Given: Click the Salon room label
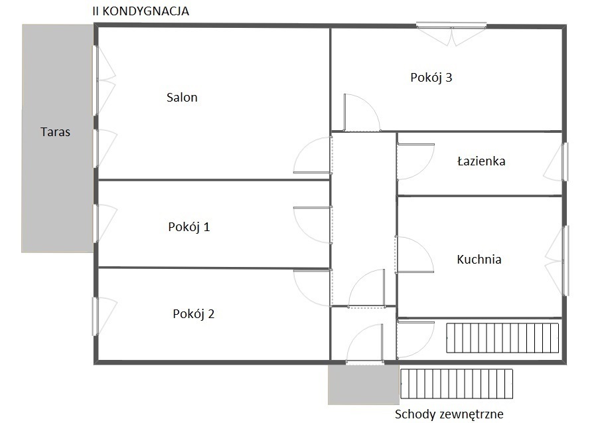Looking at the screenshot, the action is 182,97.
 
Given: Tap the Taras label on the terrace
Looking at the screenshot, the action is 55,131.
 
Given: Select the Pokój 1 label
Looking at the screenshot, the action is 189,226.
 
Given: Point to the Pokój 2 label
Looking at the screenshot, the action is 194,314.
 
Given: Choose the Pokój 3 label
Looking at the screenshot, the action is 431,77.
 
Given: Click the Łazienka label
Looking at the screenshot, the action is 481,161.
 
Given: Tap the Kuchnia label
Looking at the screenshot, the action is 479,260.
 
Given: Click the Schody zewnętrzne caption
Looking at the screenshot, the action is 449,414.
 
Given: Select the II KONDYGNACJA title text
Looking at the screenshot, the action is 141,11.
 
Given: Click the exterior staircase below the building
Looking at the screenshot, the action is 457,384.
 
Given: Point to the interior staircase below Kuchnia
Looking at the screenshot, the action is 502,338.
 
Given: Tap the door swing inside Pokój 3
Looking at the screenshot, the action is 362,112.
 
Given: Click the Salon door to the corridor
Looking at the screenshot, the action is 313,155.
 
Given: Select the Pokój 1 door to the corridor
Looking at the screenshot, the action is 313,224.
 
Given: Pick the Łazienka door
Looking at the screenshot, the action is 415,162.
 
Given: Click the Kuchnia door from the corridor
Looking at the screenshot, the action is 415,254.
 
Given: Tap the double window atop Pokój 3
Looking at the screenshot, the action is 451,34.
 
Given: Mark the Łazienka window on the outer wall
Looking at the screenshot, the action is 556,162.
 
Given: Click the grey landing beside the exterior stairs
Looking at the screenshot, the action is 364,384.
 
